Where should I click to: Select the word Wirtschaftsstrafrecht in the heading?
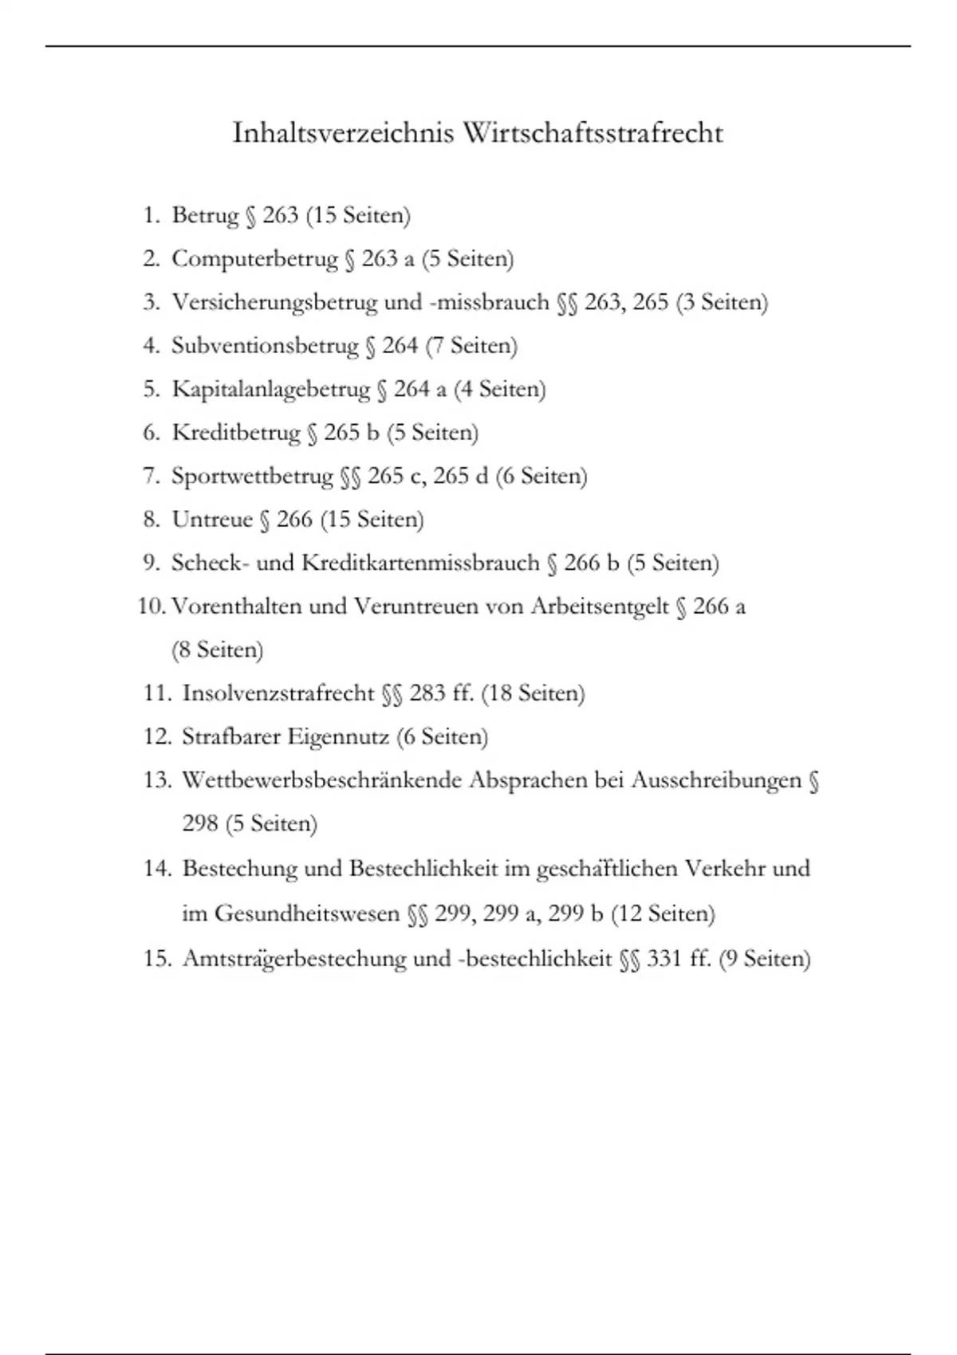pos(593,133)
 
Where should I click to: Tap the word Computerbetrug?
pos(255,259)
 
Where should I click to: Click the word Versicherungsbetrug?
pos(274,302)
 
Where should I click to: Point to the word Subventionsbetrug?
pos(265,346)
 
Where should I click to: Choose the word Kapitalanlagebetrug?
pos(271,389)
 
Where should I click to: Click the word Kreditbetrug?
pos(236,433)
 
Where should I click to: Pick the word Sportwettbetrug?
pos(252,476)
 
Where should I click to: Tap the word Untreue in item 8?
pos(212,520)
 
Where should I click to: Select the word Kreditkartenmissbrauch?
pos(420,563)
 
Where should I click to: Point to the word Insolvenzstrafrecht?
pos(278,693)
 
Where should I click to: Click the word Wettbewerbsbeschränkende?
pos(321,780)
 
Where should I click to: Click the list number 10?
pos(151,607)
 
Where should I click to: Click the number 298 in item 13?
pos(200,823)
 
